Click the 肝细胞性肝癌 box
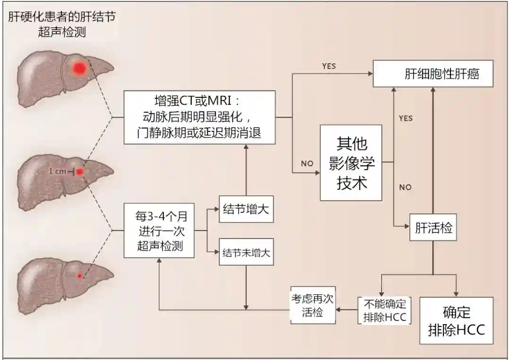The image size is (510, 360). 433,73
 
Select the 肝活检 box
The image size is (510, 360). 433,228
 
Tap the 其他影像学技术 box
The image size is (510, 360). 351,163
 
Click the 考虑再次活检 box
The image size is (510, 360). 313,307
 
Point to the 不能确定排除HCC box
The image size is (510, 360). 385,310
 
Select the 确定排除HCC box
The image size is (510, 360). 456,320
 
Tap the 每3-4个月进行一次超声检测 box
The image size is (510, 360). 159,231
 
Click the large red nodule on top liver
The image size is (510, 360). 79,69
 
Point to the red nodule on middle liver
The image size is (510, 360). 80,171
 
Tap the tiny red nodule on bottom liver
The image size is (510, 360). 79,275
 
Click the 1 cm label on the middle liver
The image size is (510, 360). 58,171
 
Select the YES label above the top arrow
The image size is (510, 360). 329,66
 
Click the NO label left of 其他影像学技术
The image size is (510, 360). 307,163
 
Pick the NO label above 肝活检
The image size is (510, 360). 405,187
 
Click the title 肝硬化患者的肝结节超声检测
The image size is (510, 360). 62,25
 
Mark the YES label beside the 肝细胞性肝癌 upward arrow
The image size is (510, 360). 406,118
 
